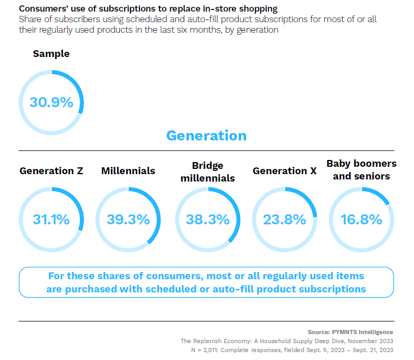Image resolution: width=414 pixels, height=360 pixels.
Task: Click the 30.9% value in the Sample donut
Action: point(51,102)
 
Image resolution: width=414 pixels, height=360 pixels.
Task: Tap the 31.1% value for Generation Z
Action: point(51,220)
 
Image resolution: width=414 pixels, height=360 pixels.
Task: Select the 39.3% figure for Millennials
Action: point(128,220)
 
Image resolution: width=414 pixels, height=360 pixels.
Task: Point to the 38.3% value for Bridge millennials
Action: point(208,220)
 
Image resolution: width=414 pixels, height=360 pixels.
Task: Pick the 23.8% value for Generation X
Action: point(285,220)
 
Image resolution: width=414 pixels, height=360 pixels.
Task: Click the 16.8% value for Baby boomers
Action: point(361,220)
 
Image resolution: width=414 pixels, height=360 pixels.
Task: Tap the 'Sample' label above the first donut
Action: point(51,54)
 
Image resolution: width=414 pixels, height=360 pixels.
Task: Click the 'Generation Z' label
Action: point(51,171)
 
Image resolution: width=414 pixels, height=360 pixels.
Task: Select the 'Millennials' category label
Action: point(128,171)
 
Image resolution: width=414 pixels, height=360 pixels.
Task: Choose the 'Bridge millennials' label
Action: point(208,172)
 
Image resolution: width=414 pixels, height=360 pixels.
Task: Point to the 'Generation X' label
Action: point(285,171)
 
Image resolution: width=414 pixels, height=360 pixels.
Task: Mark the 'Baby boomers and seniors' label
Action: point(361,170)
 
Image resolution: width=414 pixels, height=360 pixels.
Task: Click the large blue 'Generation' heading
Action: point(206,136)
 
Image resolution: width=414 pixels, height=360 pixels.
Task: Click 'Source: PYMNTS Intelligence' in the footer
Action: point(351,332)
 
